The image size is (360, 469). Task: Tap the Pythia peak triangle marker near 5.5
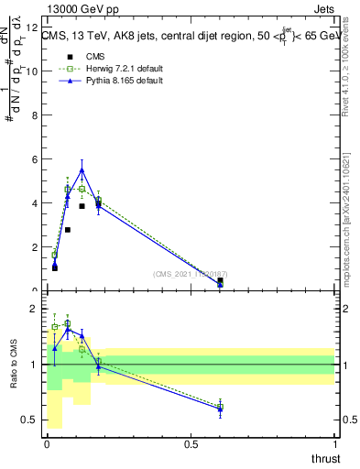tap(82, 169)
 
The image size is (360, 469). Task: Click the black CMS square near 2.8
tap(68, 230)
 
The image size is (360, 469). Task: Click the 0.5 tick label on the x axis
tap(191, 444)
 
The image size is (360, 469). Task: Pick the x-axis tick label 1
tap(336, 444)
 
